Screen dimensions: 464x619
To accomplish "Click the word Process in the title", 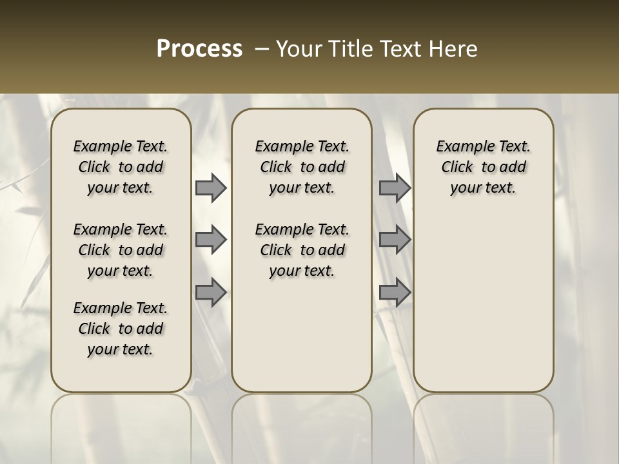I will (199, 49).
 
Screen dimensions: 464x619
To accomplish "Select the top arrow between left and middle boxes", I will (211, 188).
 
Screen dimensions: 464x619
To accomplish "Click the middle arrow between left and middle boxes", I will (211, 240).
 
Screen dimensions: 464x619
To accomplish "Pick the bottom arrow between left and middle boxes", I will (211, 292).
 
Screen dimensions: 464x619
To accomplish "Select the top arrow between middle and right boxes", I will (395, 188).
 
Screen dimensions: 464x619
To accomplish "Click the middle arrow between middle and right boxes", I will (395, 240).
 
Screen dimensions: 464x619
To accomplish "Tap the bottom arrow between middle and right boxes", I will (395, 292).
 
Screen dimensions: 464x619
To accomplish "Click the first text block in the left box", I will (121, 167).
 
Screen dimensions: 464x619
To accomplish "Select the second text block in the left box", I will (121, 250).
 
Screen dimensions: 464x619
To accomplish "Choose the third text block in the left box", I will (121, 329).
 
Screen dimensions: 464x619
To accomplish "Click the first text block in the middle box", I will (302, 167).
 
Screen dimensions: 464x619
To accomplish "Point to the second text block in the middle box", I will (302, 250).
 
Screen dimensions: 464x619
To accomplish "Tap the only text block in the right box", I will (483, 167).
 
